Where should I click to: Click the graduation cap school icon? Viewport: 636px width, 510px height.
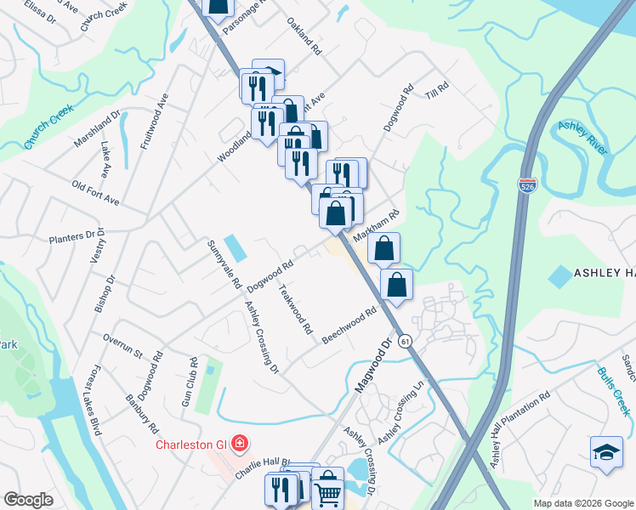pos(606,450)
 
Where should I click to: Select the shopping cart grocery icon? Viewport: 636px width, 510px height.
pos(327,491)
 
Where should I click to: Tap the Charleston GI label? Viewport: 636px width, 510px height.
pos(192,445)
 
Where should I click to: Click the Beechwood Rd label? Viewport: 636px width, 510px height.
pos(349,326)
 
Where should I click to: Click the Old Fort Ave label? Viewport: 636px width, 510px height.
pos(95,193)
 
